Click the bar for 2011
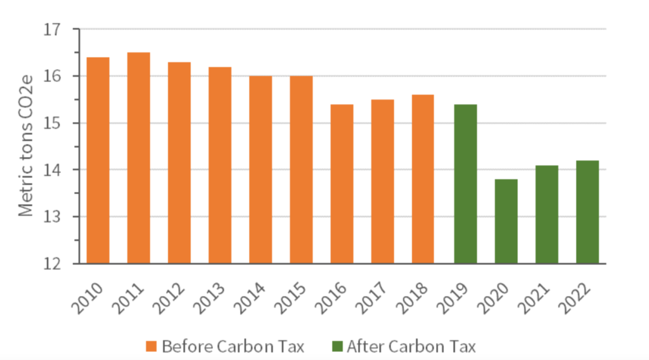click(x=139, y=158)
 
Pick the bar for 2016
click(x=342, y=184)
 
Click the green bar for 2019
click(x=465, y=184)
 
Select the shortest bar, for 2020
click(x=506, y=221)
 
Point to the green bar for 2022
click(x=588, y=212)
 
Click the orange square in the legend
click(x=150, y=346)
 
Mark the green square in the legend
click(x=335, y=346)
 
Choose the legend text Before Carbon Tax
click(x=233, y=346)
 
